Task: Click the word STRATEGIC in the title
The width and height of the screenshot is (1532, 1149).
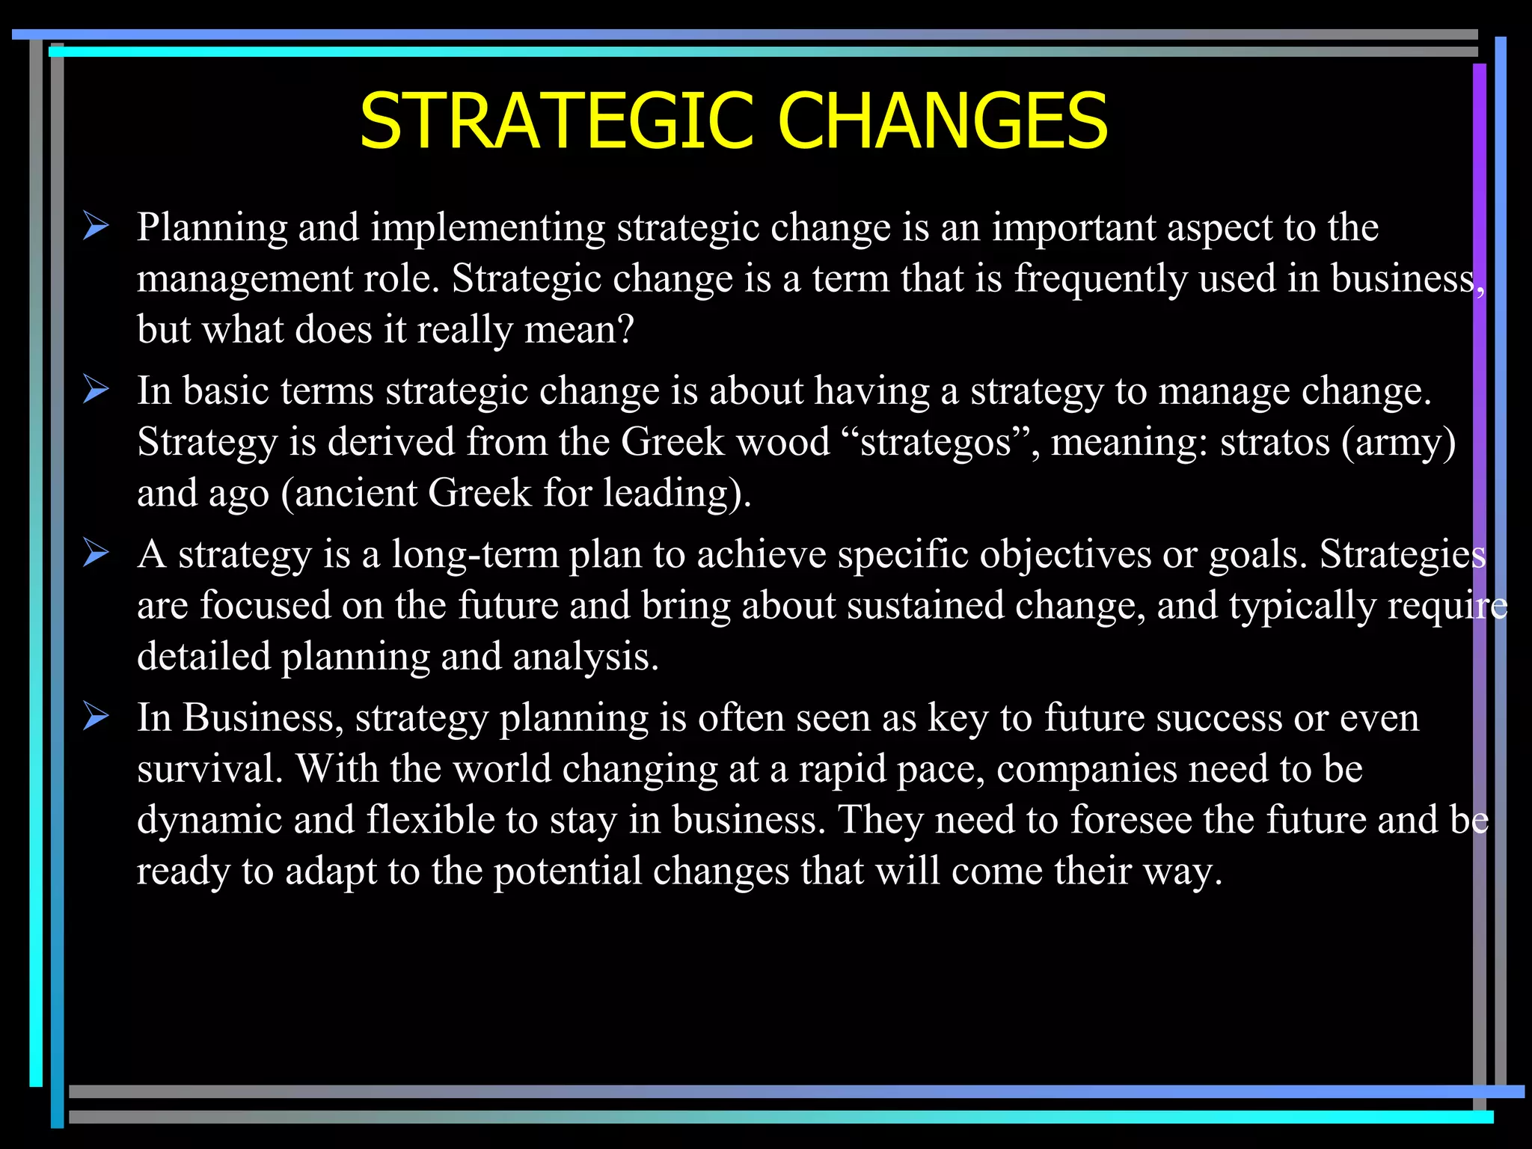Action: pos(556,121)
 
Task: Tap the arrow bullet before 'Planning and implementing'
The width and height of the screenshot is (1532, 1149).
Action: pos(96,226)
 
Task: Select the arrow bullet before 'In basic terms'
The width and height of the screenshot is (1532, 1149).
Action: pos(96,390)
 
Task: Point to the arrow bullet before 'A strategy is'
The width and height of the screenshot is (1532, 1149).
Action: pos(96,554)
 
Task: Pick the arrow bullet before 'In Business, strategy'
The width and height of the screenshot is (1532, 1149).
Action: pos(96,717)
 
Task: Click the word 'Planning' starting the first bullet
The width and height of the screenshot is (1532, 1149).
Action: pos(212,228)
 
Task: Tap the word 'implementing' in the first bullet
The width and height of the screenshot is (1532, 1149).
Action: pos(488,228)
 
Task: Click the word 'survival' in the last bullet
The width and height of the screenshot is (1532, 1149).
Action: pos(207,769)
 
